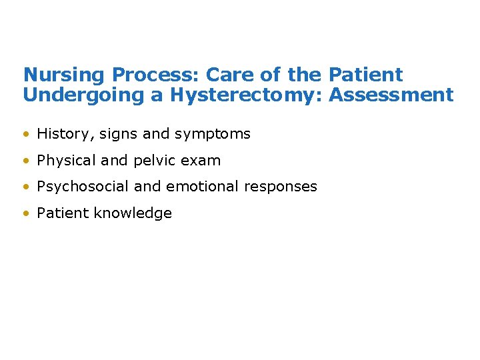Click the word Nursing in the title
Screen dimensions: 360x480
65,75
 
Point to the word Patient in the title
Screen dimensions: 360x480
366,75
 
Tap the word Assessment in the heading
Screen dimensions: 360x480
391,95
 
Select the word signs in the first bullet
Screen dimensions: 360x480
118,134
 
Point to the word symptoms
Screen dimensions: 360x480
212,134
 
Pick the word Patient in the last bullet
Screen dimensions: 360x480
63,213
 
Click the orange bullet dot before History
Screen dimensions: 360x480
26,134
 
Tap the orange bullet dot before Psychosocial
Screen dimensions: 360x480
26,187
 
